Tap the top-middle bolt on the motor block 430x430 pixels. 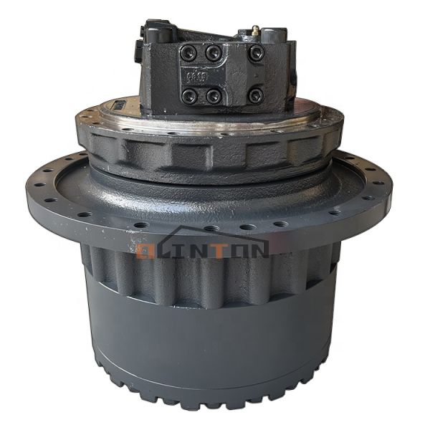(x=212, y=52)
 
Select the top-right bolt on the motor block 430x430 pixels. (x=257, y=52)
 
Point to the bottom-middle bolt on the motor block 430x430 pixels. (x=212, y=95)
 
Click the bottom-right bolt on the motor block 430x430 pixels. (x=257, y=95)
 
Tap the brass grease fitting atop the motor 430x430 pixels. (x=254, y=31)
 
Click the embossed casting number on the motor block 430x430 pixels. (x=193, y=75)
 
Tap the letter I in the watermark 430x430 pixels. (x=181, y=249)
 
